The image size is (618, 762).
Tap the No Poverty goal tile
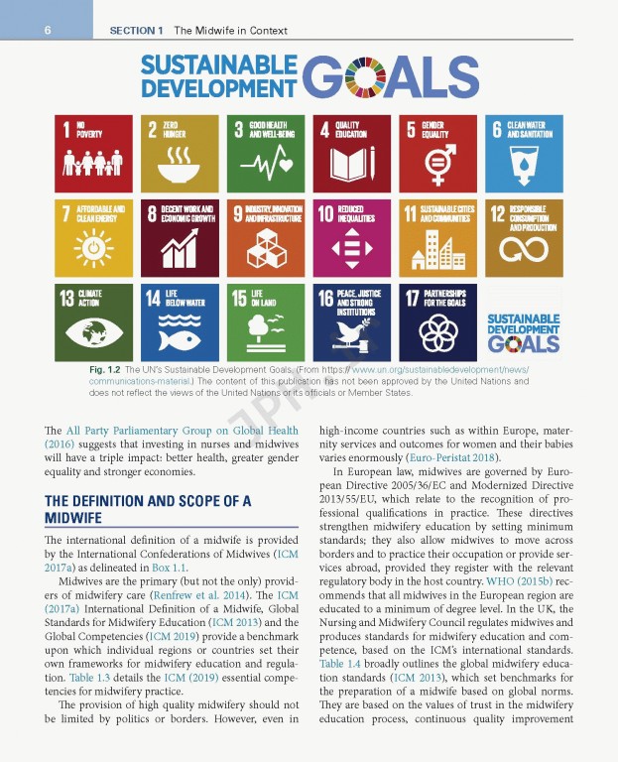point(93,153)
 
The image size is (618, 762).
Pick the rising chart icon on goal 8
point(179,250)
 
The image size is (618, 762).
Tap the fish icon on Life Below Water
point(179,335)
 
